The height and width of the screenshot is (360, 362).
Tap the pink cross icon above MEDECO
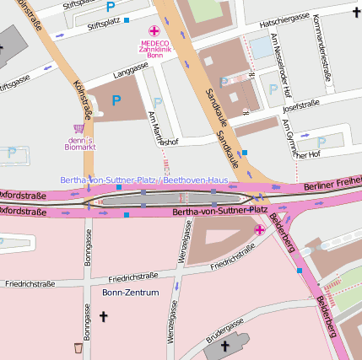pyautogui.click(x=154, y=30)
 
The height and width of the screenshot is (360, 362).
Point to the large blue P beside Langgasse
pyautogui.click(x=116, y=100)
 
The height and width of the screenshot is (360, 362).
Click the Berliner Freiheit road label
pyautogui.click(x=332, y=185)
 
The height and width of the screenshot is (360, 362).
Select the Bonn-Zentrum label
pyautogui.click(x=131, y=293)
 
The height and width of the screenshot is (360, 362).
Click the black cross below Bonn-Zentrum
pyautogui.click(x=104, y=316)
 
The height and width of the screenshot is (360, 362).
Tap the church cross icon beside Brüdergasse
pyautogui.click(x=224, y=346)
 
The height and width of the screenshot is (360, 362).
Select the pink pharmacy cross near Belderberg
pyautogui.click(x=259, y=228)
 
